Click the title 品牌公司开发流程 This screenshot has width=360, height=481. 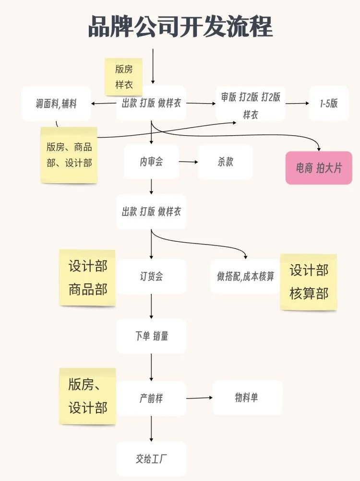[180, 26]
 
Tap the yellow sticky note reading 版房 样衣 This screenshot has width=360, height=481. [124, 77]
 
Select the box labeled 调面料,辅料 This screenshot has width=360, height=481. [56, 104]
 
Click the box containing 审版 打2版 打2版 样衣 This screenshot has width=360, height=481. [250, 105]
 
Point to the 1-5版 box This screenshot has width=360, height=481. [329, 103]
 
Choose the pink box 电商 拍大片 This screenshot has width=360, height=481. [319, 168]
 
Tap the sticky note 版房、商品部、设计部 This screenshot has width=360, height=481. [69, 154]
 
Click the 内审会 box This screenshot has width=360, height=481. [151, 162]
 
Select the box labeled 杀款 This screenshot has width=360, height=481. [225, 162]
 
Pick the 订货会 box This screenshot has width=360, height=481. [151, 276]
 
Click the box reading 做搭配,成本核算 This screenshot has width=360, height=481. [245, 276]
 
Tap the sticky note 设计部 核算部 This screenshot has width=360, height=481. [309, 282]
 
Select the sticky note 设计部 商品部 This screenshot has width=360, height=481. [87, 277]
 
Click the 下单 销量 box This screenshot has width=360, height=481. [151, 336]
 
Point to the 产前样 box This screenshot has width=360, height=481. [151, 398]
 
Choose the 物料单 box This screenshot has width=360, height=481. [247, 397]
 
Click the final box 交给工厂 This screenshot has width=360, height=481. [151, 458]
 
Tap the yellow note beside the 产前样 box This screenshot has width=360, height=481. [87, 396]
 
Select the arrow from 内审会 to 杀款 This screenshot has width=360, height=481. [189, 162]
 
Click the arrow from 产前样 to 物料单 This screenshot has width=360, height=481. [199, 398]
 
